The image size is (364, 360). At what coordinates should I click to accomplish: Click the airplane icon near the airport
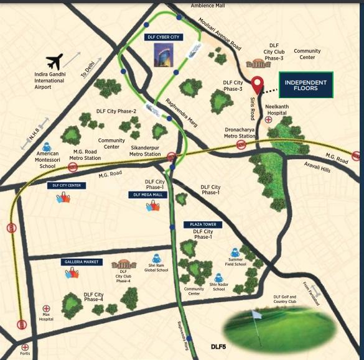point(55,62)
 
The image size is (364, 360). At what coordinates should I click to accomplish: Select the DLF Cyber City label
point(163,37)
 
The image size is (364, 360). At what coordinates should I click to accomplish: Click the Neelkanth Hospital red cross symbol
point(268,119)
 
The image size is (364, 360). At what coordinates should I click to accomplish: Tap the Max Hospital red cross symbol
point(46,308)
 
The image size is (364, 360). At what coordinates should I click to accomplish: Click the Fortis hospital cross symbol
point(25,347)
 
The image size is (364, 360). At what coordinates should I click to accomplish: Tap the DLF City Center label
point(65,185)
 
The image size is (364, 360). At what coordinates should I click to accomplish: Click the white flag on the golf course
point(256,315)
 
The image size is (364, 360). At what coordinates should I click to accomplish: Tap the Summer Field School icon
point(236,252)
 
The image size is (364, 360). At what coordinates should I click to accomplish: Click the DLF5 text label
point(218,346)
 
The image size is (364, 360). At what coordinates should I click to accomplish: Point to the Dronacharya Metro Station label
point(240,132)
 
